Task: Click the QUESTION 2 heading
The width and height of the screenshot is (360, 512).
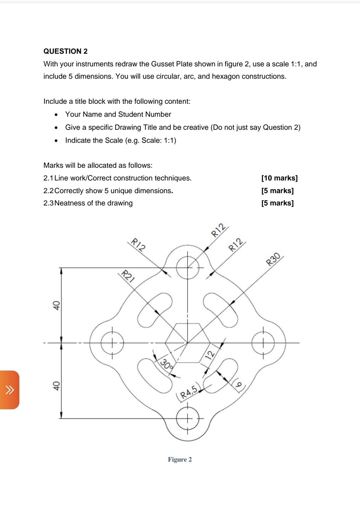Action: [x=65, y=51]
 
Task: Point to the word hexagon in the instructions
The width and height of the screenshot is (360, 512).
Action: [x=226, y=76]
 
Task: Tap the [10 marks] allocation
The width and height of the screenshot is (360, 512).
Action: [x=279, y=178]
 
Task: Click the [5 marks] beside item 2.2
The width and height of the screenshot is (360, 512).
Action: [x=277, y=191]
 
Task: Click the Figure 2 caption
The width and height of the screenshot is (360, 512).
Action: [x=180, y=460]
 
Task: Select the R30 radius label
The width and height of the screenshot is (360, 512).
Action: [x=273, y=259]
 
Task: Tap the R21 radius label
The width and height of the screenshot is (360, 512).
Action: [x=127, y=276]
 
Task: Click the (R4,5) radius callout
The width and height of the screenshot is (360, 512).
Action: [x=189, y=392]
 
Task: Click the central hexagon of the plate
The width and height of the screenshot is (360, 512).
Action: [x=187, y=343]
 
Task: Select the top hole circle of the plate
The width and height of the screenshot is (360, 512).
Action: [x=188, y=268]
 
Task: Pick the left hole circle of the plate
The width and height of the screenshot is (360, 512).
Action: [x=112, y=343]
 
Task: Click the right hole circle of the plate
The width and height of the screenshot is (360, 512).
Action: [x=263, y=343]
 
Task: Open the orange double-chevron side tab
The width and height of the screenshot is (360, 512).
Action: [x=10, y=390]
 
